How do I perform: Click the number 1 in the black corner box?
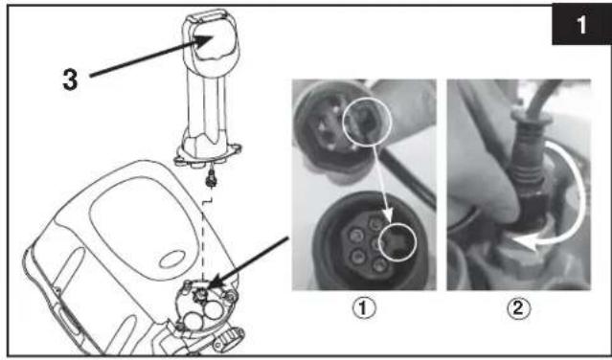coord(581,25)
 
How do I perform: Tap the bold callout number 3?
coord(70,79)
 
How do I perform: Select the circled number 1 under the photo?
coord(364,308)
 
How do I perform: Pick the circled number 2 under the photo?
coord(518,308)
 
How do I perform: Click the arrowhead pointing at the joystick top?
coord(204,41)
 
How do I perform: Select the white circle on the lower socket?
coord(397,242)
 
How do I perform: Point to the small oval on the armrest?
coord(172,259)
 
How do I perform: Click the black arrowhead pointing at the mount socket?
coord(215,282)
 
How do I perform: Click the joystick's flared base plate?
coord(207,153)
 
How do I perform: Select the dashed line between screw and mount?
coord(203,235)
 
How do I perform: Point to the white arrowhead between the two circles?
coord(388,214)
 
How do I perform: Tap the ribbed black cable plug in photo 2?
coord(528,168)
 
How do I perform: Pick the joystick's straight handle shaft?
coord(207,105)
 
